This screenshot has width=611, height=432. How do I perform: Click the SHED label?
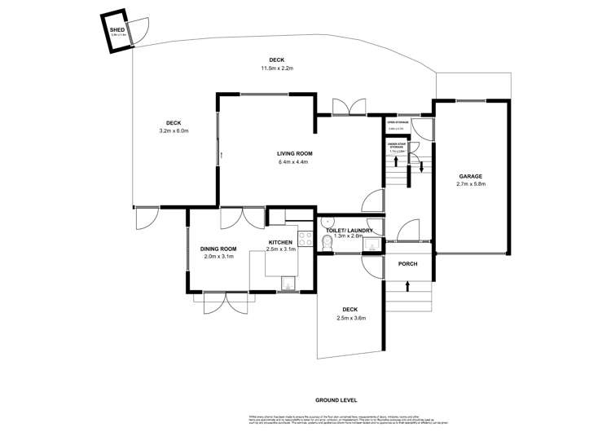(x=116, y=29)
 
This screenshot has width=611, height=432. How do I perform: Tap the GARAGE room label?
(x=470, y=176)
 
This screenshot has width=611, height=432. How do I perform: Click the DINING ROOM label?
(x=218, y=249)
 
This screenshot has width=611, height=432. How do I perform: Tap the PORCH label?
(x=407, y=265)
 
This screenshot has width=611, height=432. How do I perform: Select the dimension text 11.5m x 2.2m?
(x=275, y=68)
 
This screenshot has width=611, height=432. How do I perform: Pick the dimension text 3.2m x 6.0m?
(x=172, y=130)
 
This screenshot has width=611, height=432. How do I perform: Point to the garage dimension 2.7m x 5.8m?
(x=470, y=184)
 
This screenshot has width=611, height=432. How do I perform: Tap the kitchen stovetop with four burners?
(x=305, y=239)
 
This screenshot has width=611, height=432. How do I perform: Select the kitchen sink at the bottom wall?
(x=288, y=282)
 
